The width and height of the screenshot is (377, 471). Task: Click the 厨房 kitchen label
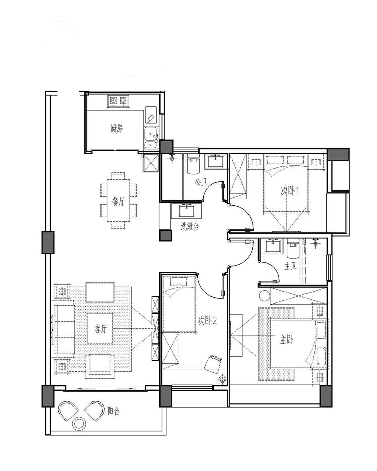click(x=116, y=128)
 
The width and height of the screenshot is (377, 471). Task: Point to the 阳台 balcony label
click(x=113, y=411)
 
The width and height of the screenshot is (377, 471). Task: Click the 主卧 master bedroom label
click(x=287, y=340)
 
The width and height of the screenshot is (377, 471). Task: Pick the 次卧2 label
click(x=207, y=321)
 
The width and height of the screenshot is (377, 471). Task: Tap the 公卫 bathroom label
click(x=201, y=182)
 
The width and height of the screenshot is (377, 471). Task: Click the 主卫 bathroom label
click(x=290, y=266)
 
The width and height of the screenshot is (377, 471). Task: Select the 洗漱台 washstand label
click(x=190, y=226)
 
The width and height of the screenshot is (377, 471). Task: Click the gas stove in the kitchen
click(x=118, y=101)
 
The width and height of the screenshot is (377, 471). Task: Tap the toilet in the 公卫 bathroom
click(x=194, y=165)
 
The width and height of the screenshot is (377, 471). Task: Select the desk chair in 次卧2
click(x=212, y=364)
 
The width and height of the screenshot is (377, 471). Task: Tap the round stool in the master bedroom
click(x=264, y=295)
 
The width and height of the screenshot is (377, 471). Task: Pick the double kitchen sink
click(x=151, y=137)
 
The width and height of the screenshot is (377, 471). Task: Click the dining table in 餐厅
click(x=118, y=201)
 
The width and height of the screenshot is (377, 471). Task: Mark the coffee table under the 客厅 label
click(x=100, y=329)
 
